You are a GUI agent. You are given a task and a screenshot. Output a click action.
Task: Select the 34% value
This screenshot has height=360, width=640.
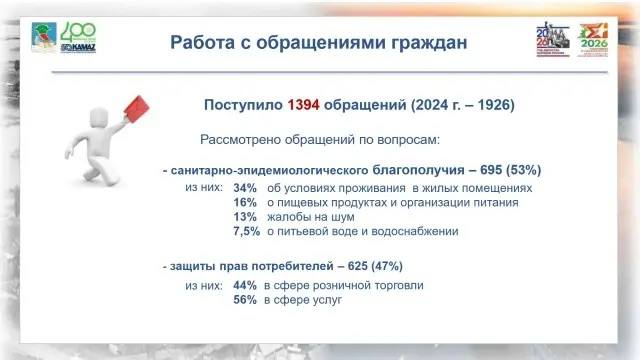pyautogui.click(x=245, y=188)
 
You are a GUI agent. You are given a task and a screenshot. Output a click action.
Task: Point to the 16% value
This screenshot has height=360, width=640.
pyautogui.click(x=245, y=202)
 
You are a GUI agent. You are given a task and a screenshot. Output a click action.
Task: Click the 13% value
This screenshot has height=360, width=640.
pyautogui.click(x=245, y=216)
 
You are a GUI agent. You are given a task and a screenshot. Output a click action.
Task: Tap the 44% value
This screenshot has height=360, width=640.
pyautogui.click(x=245, y=285)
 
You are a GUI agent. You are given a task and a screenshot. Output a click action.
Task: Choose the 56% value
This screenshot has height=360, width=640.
pyautogui.click(x=245, y=299)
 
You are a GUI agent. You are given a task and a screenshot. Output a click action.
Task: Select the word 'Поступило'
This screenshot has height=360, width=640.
pyautogui.click(x=243, y=105)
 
